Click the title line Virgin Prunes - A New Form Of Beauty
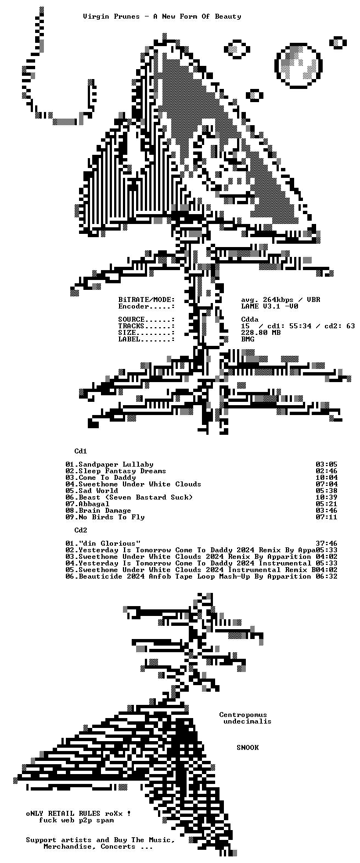click(x=162, y=16)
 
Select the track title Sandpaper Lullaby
click(x=116, y=464)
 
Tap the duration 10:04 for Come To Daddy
click(x=327, y=478)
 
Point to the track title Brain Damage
click(x=105, y=511)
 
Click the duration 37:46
click(x=327, y=543)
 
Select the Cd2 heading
click(x=81, y=530)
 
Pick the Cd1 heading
click(x=81, y=451)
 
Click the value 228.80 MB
click(x=261, y=333)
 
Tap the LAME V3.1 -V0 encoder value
click(x=270, y=306)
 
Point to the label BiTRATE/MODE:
click(x=147, y=300)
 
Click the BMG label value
click(x=248, y=339)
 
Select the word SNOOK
click(x=248, y=747)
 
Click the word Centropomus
click(x=243, y=715)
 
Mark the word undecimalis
click(x=248, y=721)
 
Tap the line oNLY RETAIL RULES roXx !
click(x=78, y=813)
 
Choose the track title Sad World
click(x=98, y=491)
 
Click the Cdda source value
click(x=250, y=320)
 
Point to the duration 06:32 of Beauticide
click(x=327, y=576)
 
